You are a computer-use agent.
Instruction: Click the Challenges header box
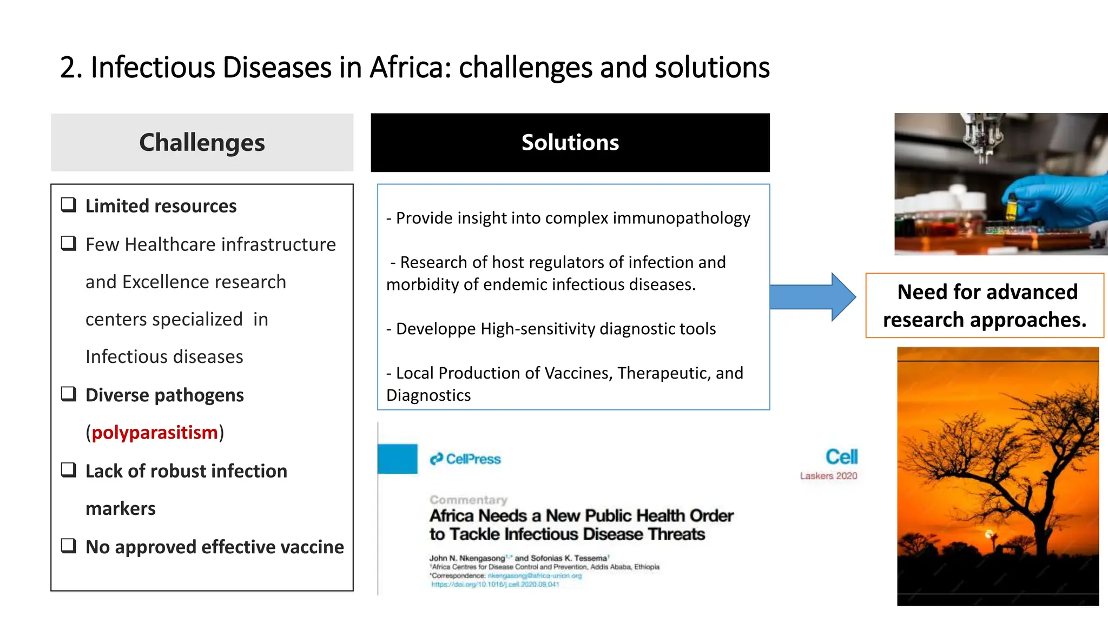click(202, 143)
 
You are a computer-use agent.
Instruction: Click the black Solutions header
click(570, 143)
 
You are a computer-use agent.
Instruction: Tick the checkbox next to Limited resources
click(69, 205)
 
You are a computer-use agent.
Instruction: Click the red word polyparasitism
click(154, 433)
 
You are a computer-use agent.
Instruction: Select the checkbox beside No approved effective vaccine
click(69, 545)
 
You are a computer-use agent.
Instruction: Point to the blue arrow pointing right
click(812, 297)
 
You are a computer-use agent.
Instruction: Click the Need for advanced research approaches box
click(984, 306)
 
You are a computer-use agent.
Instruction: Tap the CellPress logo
click(465, 459)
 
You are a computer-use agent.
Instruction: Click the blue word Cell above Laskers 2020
click(841, 457)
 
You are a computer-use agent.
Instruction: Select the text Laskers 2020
click(828, 476)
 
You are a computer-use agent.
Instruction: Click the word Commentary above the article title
click(469, 500)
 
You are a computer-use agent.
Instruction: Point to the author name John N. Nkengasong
click(467, 558)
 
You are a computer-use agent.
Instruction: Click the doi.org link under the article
click(494, 585)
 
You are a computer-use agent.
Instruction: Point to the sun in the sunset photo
click(990, 534)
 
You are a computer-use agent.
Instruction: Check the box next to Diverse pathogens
click(69, 394)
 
